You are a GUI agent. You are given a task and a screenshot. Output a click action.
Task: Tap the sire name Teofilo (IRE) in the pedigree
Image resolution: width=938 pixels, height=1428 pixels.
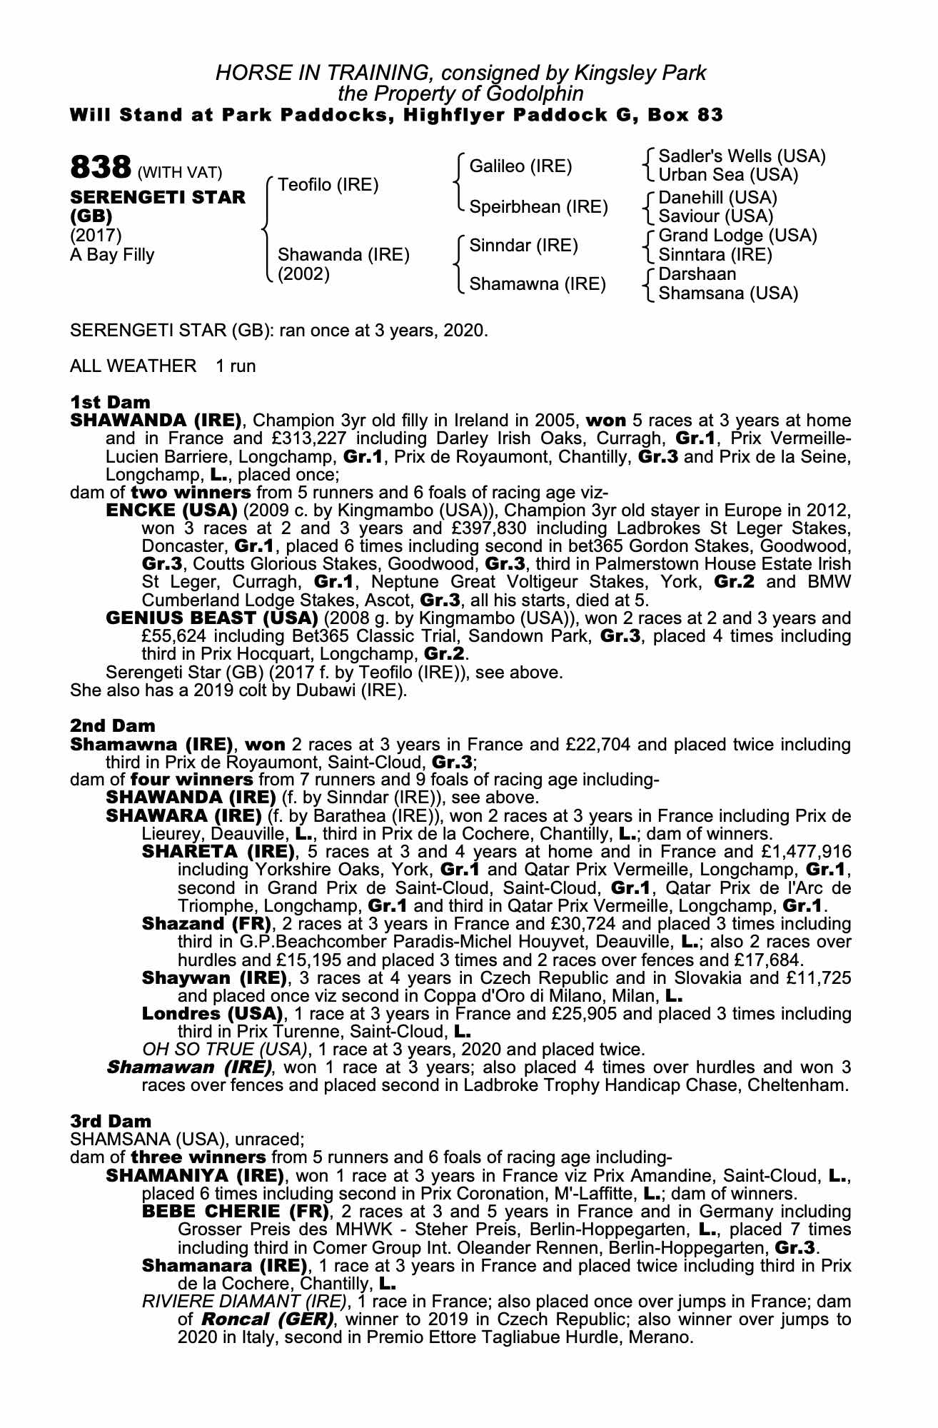pos(328,186)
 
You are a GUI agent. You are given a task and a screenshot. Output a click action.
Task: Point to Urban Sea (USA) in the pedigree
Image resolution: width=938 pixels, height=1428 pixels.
pos(728,175)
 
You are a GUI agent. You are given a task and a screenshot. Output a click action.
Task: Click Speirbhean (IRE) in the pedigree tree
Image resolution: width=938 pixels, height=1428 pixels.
pos(538,207)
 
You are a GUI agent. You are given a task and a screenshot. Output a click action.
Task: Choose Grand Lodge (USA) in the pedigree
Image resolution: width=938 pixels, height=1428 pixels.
pos(737,236)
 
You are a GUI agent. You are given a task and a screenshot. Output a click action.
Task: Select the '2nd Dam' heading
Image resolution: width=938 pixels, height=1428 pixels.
pos(112,726)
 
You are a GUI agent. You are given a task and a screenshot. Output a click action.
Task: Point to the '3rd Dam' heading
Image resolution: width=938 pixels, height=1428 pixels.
pos(111,1122)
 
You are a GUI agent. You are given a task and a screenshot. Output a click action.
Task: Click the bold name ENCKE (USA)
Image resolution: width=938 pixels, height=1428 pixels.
pos(171,511)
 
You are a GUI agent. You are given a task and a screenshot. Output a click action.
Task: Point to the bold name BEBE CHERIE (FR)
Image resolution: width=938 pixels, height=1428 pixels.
pos(236,1212)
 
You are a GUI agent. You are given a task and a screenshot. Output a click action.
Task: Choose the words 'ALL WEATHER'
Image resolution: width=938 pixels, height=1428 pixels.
pos(133,366)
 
